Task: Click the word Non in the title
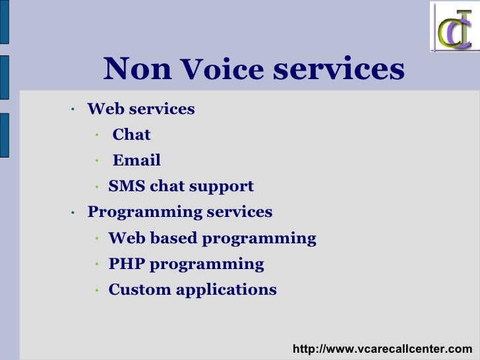pyautogui.click(x=137, y=69)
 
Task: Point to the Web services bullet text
pyautogui.click(x=141, y=109)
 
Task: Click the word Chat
pyautogui.click(x=131, y=135)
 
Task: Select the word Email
pyautogui.click(x=136, y=161)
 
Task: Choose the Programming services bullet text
pyautogui.click(x=180, y=212)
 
